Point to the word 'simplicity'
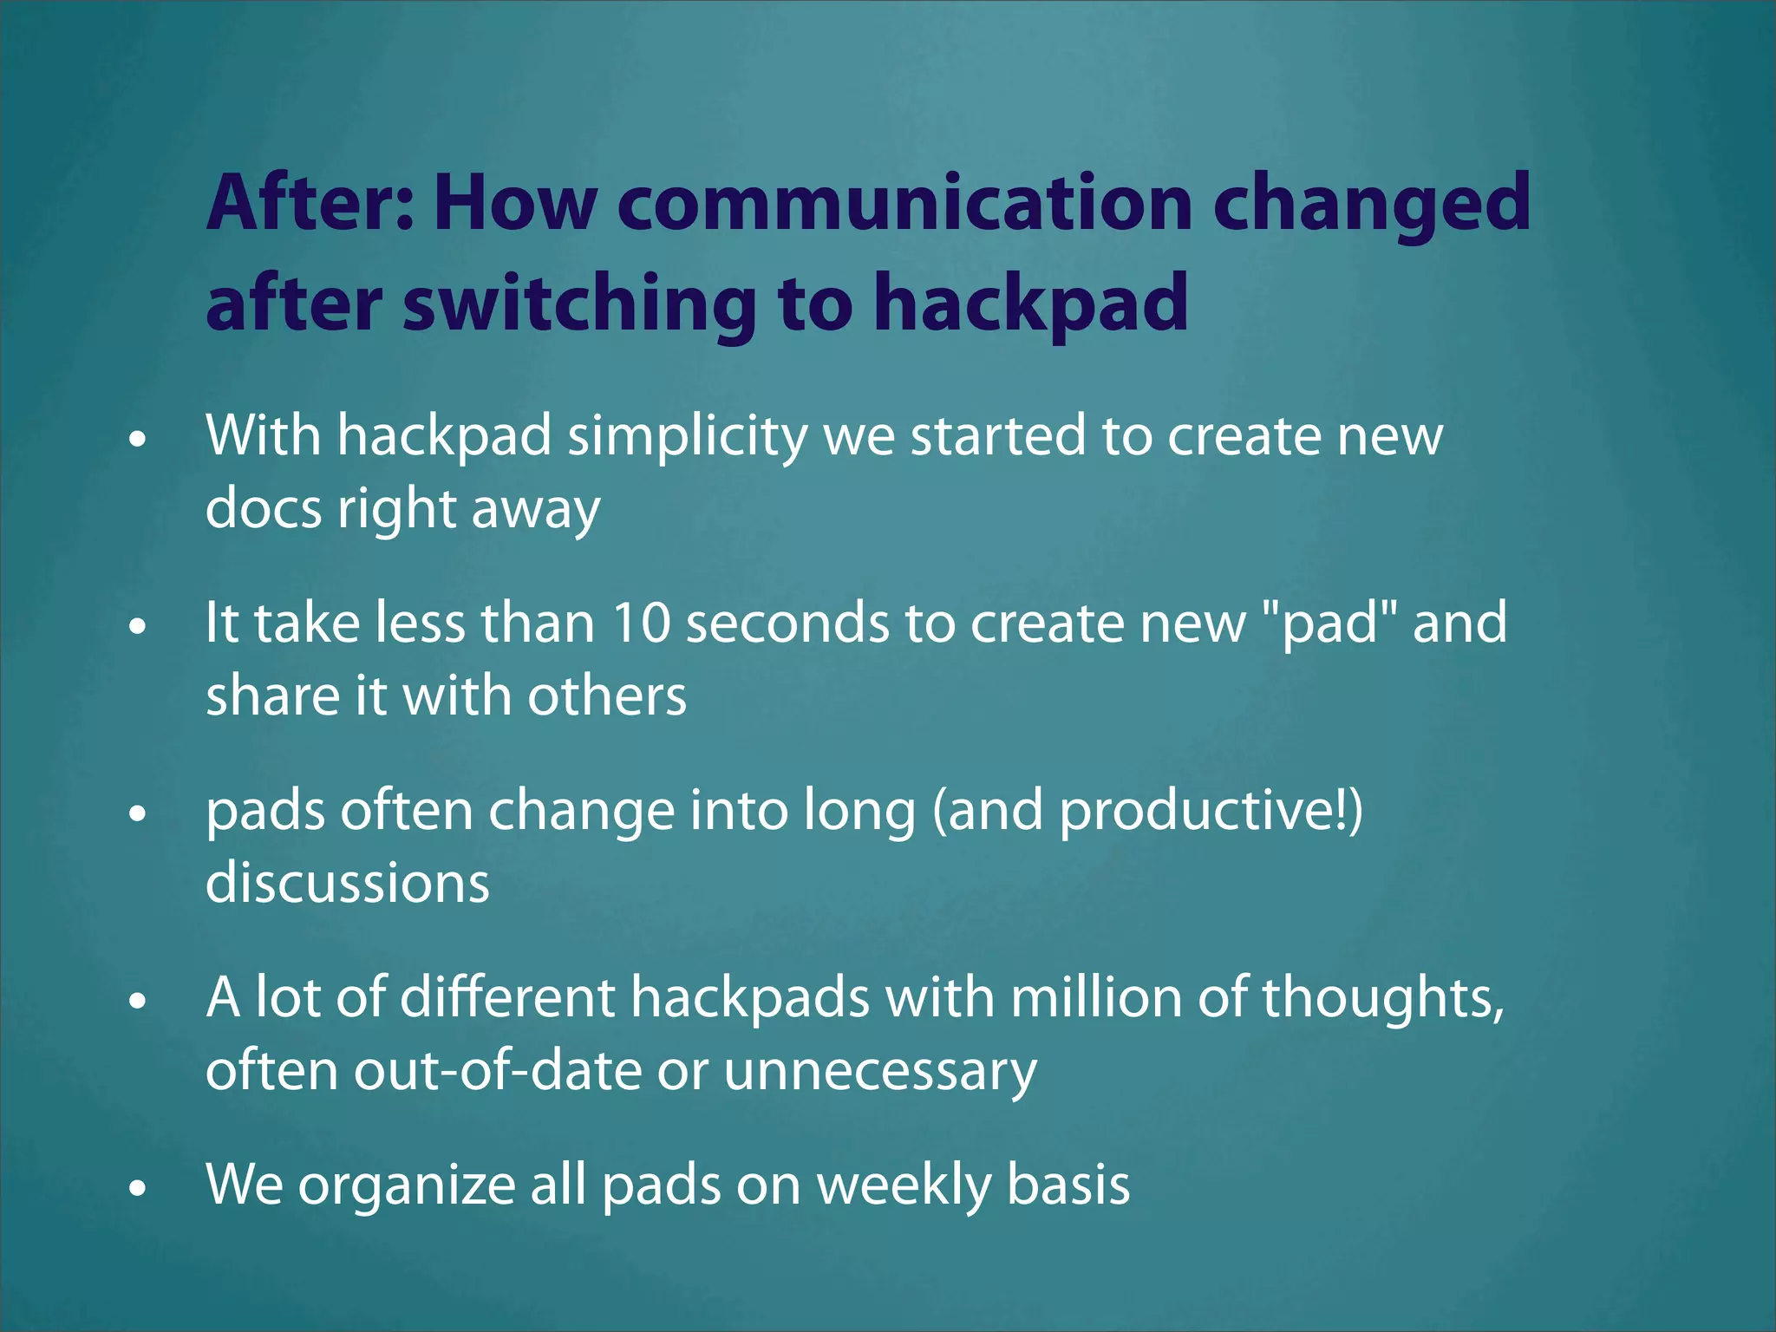(687, 435)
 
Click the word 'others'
(606, 696)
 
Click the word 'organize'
(407, 1185)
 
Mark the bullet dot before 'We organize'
(137, 1189)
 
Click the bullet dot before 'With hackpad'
(137, 440)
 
